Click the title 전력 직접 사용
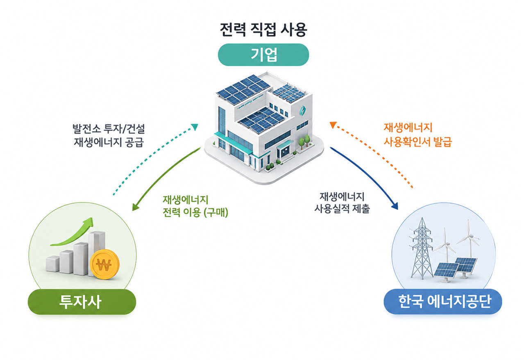pos(263,30)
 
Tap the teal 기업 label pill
pos(263,55)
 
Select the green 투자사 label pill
pos(82,302)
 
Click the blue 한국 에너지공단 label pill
pos(443,301)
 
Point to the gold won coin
pos(104,264)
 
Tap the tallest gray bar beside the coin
pos(96,253)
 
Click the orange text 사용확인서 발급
pos(418,142)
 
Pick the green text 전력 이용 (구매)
pos(195,212)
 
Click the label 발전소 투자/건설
pos(109,128)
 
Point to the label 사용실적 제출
pos(342,208)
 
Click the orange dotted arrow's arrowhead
pos(333,125)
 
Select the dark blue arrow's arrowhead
pos(395,206)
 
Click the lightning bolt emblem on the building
pos(302,110)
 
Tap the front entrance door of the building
pos(285,152)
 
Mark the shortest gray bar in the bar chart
pos(52,264)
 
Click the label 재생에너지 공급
pos(109,142)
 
